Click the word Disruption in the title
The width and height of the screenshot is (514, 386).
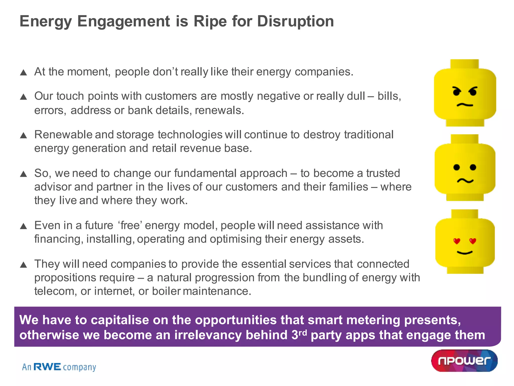point(295,21)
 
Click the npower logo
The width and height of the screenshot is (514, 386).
point(464,361)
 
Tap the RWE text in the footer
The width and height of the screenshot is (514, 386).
point(47,367)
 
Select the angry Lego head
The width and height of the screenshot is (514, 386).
point(465,93)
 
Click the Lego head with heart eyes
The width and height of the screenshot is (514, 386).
point(465,242)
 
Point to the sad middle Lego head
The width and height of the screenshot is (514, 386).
point(465,168)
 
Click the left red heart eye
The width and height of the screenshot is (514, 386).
point(457,241)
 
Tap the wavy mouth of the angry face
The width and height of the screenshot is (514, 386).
point(465,105)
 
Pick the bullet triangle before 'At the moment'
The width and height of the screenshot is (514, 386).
point(23,73)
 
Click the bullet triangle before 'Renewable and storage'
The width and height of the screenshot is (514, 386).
point(23,135)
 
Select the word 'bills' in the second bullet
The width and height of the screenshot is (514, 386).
point(389,96)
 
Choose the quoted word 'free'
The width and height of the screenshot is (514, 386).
point(130,225)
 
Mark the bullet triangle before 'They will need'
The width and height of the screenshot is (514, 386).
point(23,265)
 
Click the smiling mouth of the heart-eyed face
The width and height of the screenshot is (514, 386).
point(465,253)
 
